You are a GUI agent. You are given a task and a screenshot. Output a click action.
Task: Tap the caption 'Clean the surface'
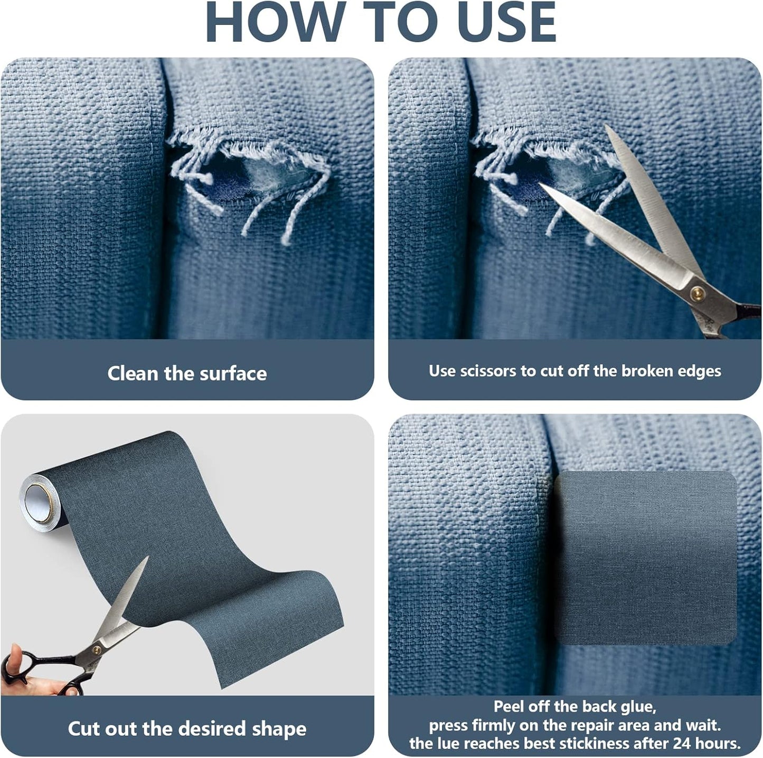pyautogui.click(x=187, y=373)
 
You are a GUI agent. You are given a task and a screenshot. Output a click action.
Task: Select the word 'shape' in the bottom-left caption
pyautogui.click(x=279, y=728)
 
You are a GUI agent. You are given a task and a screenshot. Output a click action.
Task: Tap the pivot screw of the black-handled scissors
pyautogui.click(x=97, y=650)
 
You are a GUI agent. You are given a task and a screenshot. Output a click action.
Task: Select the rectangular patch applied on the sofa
pyautogui.click(x=645, y=558)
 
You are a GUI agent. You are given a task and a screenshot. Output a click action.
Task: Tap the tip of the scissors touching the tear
pyautogui.click(x=542, y=186)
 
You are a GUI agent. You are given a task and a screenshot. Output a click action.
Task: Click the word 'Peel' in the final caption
pyautogui.click(x=511, y=706)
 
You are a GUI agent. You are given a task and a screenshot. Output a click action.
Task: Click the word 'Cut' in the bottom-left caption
pyautogui.click(x=84, y=728)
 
